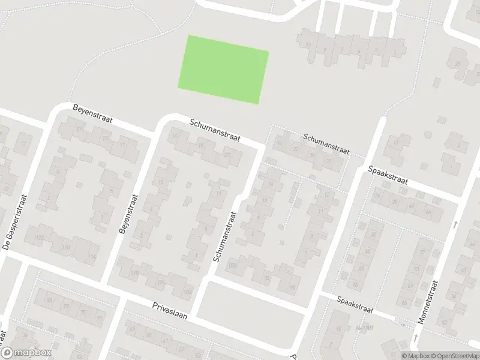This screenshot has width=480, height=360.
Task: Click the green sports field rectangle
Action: click(x=223, y=68)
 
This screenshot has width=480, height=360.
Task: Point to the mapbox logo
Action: click(x=27, y=353)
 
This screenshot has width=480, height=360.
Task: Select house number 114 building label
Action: click(x=91, y=256)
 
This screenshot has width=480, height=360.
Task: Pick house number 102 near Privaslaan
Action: click(x=188, y=292)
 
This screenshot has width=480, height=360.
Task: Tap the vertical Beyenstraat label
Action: click(x=130, y=214)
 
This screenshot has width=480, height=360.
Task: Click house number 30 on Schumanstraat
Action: click(x=329, y=161)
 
